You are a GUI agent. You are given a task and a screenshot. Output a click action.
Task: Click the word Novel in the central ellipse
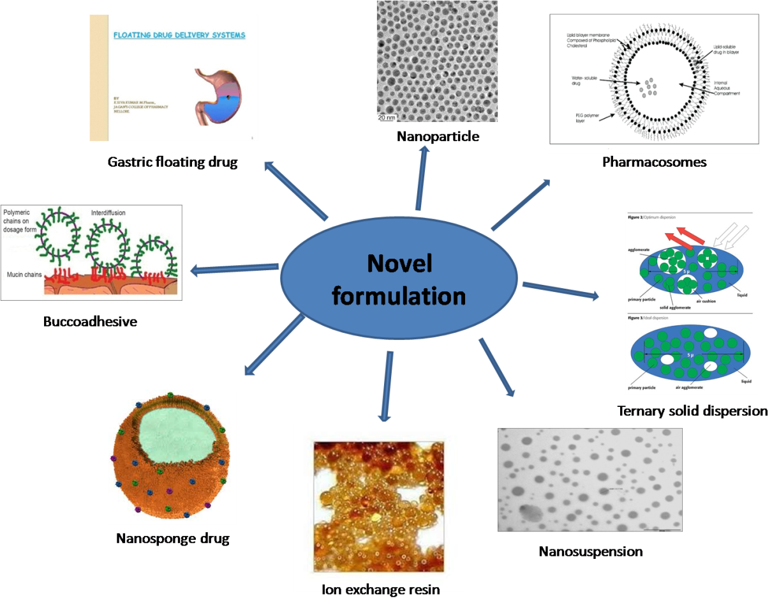click(399, 264)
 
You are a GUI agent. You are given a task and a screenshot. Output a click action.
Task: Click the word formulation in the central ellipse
click(399, 296)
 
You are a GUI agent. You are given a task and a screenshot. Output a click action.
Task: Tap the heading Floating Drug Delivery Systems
click(179, 35)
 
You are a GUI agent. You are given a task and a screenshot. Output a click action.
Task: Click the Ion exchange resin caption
click(380, 588)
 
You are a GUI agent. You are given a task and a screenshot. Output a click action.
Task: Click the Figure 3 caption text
click(651, 318)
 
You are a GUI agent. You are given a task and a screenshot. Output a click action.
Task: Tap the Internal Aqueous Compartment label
click(726, 85)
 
